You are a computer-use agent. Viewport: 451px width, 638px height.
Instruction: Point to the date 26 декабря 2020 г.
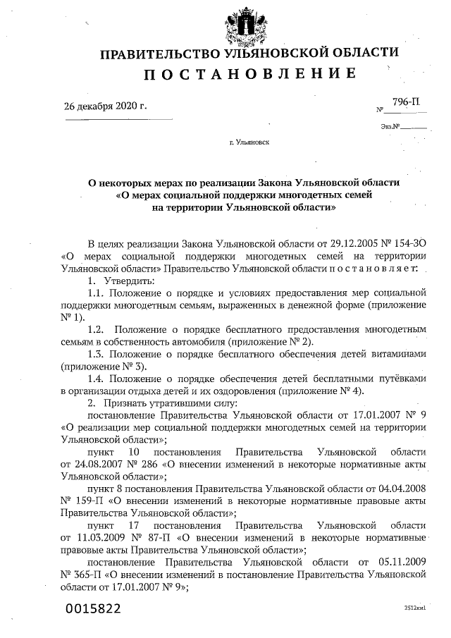106,106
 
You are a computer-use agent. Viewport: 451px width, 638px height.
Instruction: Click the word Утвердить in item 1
124,280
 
